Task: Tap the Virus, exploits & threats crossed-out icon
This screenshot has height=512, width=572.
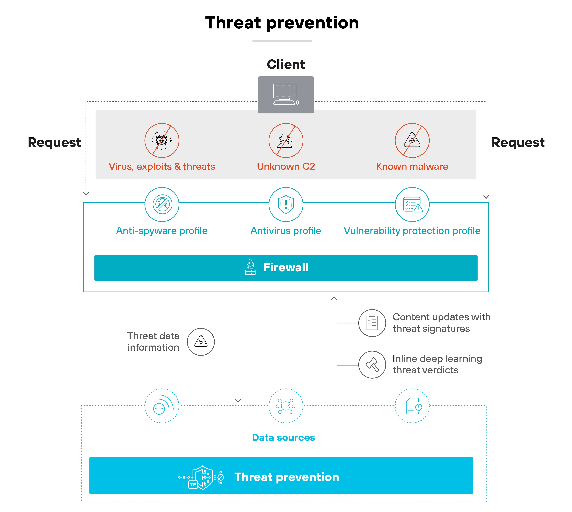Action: coord(162,140)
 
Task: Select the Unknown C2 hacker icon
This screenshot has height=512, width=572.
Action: coord(286,140)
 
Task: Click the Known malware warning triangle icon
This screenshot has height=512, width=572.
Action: coord(412,140)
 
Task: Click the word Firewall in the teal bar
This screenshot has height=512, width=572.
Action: coord(286,267)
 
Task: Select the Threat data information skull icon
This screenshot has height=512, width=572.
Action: coord(201,342)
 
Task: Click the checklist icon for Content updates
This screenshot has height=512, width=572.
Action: coord(372,323)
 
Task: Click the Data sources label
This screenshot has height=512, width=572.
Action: coord(283,437)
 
